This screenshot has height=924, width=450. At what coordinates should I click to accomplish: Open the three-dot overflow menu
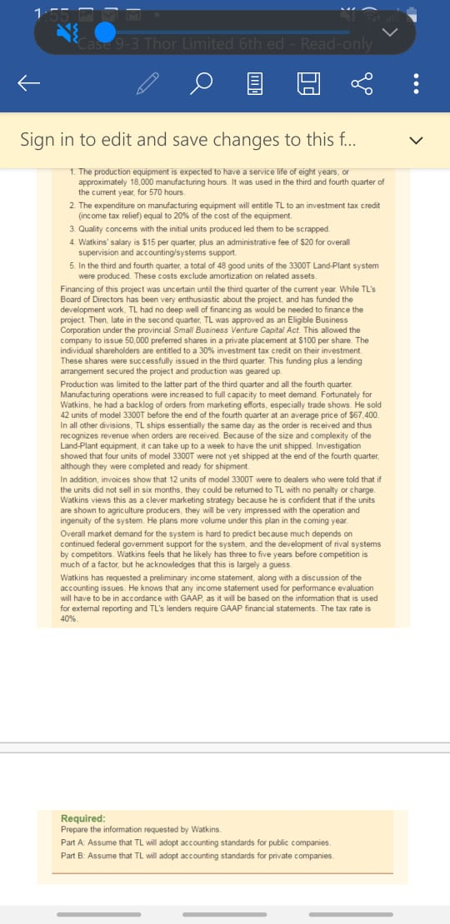pos(417,82)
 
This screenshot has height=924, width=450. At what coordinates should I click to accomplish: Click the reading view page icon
pos(255,82)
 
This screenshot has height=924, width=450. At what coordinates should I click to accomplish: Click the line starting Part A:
pos(197,820)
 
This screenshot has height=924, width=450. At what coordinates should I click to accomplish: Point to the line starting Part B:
pos(197,832)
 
